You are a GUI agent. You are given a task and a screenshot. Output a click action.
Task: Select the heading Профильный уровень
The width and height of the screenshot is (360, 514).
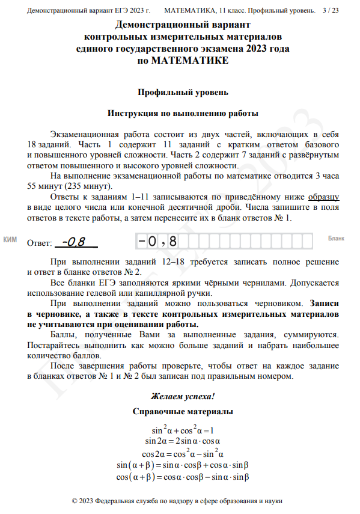183,93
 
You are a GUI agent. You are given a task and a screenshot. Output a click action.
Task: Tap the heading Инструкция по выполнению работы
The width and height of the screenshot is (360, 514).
183,114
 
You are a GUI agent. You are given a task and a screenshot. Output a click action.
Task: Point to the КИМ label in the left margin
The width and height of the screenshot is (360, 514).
10,240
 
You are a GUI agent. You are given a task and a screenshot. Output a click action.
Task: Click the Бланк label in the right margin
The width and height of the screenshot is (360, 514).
336,239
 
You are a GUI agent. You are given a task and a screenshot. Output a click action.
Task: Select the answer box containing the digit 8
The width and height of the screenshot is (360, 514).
174,241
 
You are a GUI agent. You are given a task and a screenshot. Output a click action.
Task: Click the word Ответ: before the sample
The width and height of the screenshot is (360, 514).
40,243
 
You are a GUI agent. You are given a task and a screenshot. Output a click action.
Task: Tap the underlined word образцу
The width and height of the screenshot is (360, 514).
324,197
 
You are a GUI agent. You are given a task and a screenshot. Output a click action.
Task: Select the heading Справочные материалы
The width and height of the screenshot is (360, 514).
183,412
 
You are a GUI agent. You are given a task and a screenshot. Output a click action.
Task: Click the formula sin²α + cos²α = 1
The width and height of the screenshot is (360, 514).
183,430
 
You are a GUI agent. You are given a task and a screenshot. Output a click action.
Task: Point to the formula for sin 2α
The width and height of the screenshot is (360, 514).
183,442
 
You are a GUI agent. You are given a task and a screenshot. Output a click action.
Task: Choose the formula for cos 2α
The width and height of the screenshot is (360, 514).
183,453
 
